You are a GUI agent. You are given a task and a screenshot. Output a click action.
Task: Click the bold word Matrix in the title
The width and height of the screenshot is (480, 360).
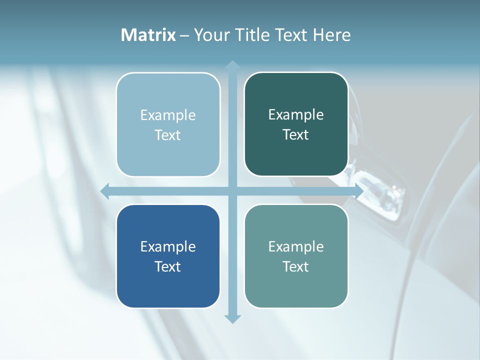point(148,35)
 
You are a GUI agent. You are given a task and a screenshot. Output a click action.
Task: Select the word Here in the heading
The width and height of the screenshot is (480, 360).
point(331,35)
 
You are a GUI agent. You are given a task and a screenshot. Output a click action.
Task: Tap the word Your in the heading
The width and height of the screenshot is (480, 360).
point(212,35)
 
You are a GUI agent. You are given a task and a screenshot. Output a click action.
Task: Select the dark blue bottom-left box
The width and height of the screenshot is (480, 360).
point(168,285)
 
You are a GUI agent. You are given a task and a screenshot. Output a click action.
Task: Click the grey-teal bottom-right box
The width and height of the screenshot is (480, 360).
point(296,285)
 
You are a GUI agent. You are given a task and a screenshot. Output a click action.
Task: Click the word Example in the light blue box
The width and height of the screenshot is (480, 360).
point(168,115)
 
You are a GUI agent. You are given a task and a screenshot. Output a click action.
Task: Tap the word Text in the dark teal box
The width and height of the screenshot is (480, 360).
point(296,135)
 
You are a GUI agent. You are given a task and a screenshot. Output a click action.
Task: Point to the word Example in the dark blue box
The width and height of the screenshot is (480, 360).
point(168,247)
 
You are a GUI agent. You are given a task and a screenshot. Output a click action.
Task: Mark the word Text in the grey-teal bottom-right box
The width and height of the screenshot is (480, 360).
point(296,266)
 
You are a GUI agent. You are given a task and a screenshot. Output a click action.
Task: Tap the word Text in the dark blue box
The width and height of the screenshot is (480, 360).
point(168,266)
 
